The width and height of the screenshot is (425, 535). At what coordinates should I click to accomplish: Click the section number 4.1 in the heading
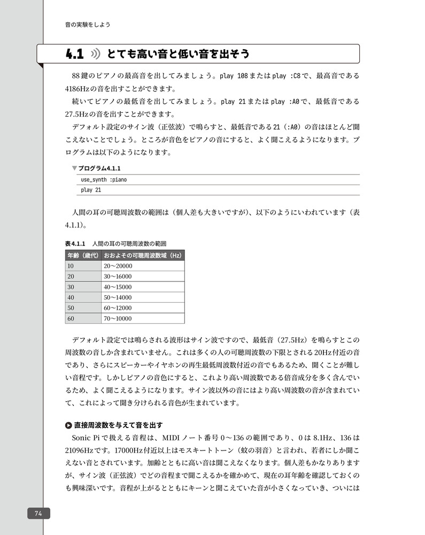point(75,54)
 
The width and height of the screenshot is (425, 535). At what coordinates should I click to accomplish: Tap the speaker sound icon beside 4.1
point(96,54)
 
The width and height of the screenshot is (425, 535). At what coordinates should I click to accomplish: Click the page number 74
point(38,513)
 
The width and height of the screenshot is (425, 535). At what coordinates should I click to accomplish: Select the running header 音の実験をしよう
point(88,25)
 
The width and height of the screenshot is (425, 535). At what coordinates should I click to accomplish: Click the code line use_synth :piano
point(104,180)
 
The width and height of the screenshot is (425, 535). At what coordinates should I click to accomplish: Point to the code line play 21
point(91,190)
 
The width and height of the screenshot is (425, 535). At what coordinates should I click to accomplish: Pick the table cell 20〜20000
point(118,266)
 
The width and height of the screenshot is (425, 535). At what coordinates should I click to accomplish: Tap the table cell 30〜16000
point(118,276)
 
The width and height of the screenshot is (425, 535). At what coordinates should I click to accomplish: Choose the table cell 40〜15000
point(118,287)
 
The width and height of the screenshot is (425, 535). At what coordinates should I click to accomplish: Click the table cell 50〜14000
point(118,297)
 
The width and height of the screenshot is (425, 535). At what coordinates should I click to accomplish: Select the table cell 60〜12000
point(118,308)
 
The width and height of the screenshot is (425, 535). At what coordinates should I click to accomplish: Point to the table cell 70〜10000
point(118,319)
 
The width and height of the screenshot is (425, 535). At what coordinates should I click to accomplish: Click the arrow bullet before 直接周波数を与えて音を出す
point(68,425)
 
